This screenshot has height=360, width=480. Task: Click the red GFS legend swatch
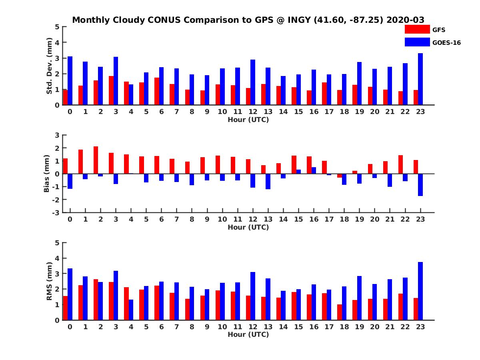417,29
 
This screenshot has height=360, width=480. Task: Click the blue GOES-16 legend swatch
417,42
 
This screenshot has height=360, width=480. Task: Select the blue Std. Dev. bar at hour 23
420,79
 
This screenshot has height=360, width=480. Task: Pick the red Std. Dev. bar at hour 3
111,90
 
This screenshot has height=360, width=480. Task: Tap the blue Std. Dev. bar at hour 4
131,95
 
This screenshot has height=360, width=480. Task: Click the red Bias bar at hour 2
96,160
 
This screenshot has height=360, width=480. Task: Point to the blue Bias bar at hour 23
420,185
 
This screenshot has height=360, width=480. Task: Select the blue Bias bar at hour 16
314,170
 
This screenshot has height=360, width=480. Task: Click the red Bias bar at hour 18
340,176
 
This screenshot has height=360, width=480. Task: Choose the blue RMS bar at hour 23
420,291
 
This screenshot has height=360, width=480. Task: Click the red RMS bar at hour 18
340,312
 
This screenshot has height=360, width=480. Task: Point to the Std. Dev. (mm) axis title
49,66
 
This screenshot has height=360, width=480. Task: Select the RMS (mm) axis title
49,281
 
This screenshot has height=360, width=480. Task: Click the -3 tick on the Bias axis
56,213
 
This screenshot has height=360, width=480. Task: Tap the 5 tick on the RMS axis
57,243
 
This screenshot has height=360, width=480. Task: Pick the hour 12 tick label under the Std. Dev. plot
253,112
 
